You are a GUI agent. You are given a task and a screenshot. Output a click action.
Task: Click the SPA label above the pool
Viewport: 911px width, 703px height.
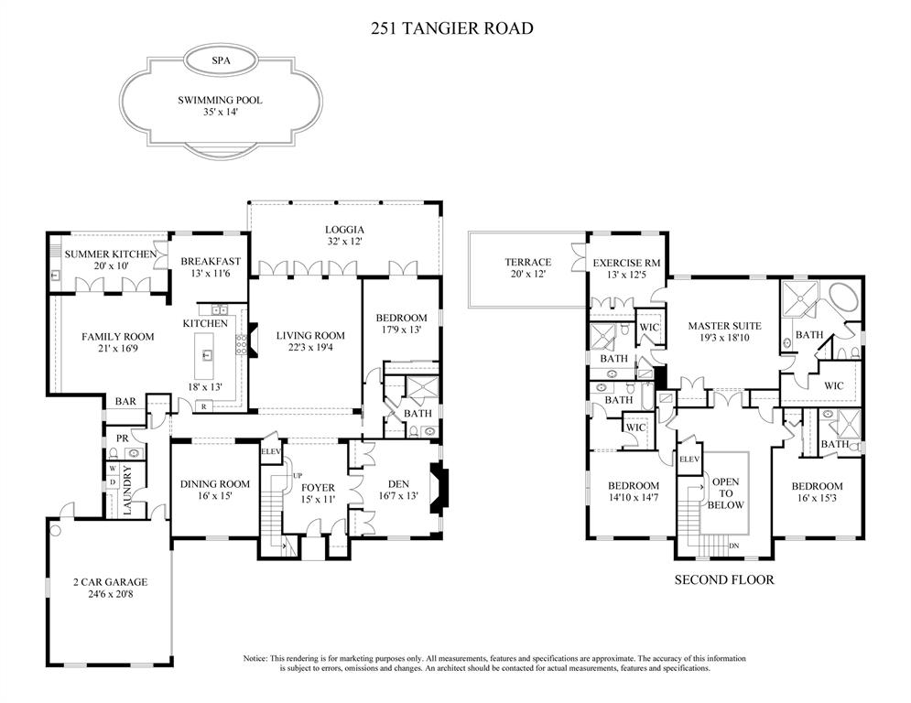(x=220, y=60)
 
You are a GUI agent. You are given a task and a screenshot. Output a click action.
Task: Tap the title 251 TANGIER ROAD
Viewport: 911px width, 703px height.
(x=451, y=28)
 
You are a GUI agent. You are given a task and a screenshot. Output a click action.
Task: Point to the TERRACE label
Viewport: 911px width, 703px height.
(x=527, y=263)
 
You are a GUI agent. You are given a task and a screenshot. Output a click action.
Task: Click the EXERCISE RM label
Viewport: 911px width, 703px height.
(x=622, y=263)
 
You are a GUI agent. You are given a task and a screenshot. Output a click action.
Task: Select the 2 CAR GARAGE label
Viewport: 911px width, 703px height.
(x=110, y=581)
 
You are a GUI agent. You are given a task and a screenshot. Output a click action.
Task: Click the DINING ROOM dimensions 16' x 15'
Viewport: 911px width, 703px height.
(x=213, y=496)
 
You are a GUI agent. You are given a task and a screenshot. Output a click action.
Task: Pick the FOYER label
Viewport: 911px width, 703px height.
(x=318, y=487)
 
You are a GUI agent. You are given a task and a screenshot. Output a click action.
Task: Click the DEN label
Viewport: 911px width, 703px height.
(x=398, y=484)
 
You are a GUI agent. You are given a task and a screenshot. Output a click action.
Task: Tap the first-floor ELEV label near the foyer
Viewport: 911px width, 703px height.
(x=271, y=451)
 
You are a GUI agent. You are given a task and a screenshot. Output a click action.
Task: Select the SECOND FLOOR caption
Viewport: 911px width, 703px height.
(x=724, y=579)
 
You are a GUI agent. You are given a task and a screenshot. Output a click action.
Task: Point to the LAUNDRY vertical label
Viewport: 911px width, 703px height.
(x=127, y=491)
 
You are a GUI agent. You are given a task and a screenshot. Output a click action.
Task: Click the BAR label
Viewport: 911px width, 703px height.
(x=125, y=402)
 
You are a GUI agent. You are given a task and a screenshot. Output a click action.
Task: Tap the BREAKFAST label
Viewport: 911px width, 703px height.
(x=210, y=260)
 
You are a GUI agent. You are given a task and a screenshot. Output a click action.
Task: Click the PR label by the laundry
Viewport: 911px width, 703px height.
(x=120, y=438)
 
